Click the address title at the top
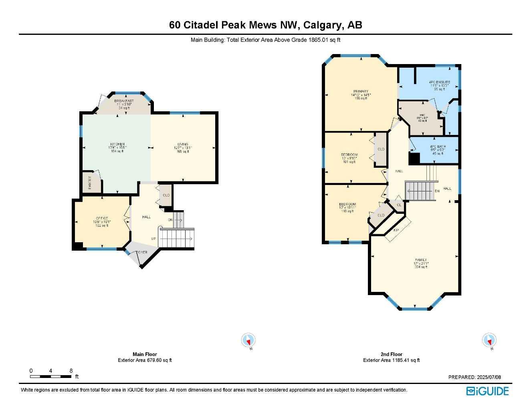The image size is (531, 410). pos(265,25)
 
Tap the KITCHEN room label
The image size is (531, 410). pos(117,145)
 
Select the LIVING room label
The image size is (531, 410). pos(183,145)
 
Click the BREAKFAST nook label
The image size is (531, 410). pos(124,101)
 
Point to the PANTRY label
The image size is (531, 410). pos(90,183)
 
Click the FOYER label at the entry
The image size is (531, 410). pos(141,252)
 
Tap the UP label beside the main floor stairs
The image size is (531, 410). pos(153,239)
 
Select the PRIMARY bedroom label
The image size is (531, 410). pos(361,92)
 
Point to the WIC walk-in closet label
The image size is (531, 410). pos(422,115)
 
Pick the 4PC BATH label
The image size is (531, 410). pos(438,147)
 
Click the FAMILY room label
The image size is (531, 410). pos(421,260)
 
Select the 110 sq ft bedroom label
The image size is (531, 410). pos(347,205)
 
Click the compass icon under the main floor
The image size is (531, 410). pos(248,340)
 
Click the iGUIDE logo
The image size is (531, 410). pos(487,391)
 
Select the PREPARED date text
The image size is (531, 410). pos(474,377)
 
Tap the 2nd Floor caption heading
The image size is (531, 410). pos(391,354)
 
